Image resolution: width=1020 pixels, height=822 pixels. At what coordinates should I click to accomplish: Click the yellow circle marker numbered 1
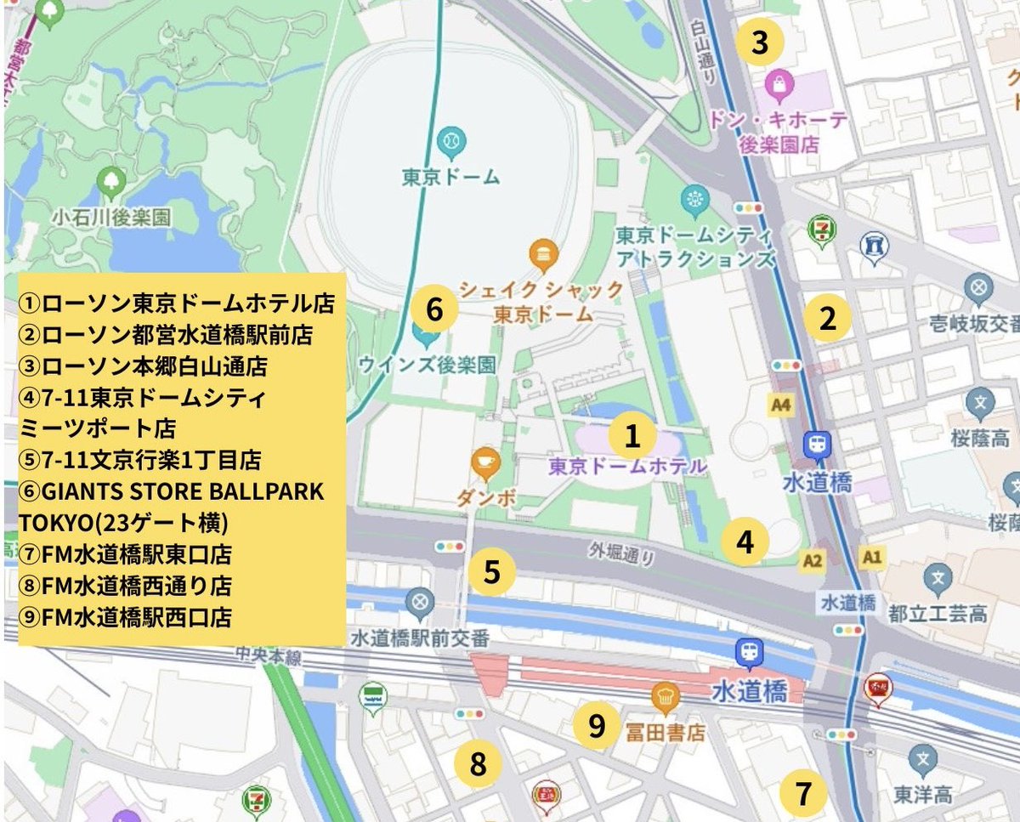[x=631, y=437]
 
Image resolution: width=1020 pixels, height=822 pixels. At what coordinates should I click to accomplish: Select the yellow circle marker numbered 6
[x=434, y=309]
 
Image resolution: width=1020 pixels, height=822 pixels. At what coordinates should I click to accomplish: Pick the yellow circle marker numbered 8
[x=479, y=764]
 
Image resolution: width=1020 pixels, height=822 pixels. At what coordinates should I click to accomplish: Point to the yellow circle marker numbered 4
[x=745, y=541]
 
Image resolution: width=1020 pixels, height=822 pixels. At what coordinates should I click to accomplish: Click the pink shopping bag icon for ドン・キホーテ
[x=779, y=83]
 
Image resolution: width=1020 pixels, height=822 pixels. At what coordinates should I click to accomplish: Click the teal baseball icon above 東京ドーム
[x=450, y=139]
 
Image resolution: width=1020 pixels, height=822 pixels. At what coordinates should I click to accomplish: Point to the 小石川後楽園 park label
[x=110, y=217]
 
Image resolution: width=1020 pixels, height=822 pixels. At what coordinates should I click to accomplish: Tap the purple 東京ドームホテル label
[x=627, y=467]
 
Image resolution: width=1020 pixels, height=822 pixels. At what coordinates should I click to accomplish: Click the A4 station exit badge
[x=781, y=405]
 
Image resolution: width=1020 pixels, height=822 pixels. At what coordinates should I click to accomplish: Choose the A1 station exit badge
[x=872, y=557]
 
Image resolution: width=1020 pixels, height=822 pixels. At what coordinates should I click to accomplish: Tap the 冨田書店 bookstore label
[x=665, y=732]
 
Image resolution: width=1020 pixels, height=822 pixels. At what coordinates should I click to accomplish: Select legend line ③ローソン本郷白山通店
[x=143, y=366]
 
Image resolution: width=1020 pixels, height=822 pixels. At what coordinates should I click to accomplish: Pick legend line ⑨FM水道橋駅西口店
[x=125, y=616]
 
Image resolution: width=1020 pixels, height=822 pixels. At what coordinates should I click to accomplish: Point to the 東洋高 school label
[x=922, y=795]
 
